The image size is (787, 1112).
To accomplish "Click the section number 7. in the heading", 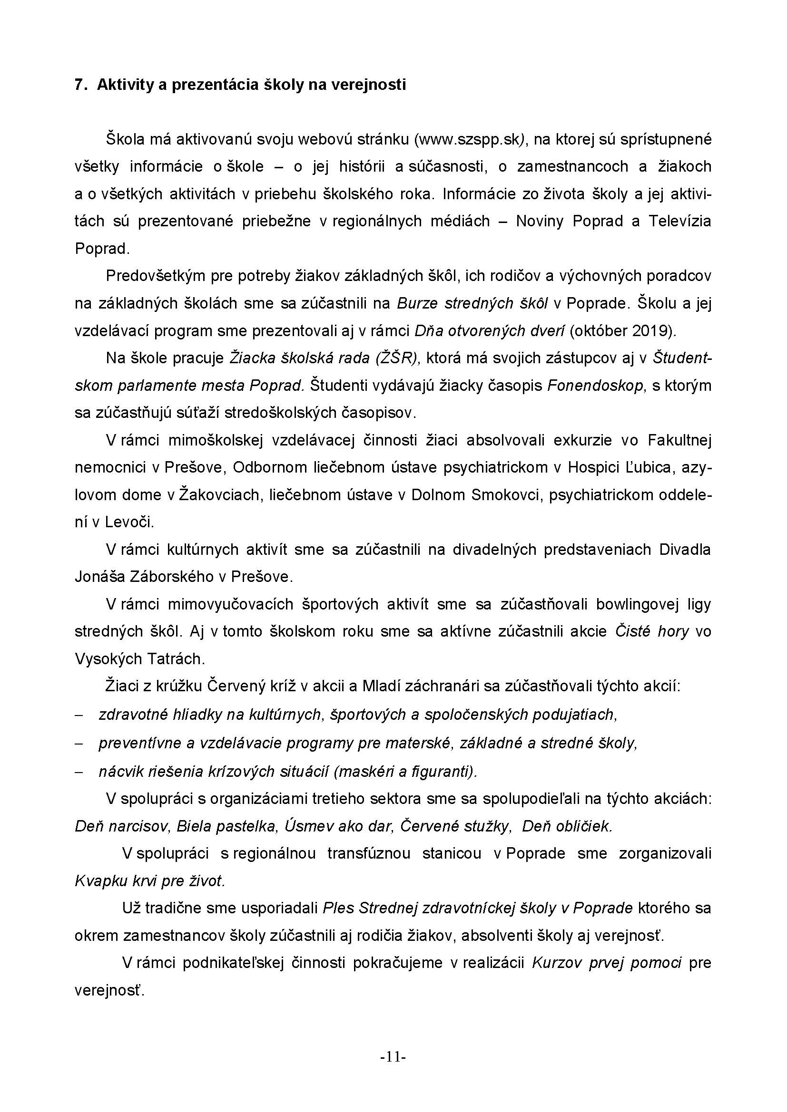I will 80,85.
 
